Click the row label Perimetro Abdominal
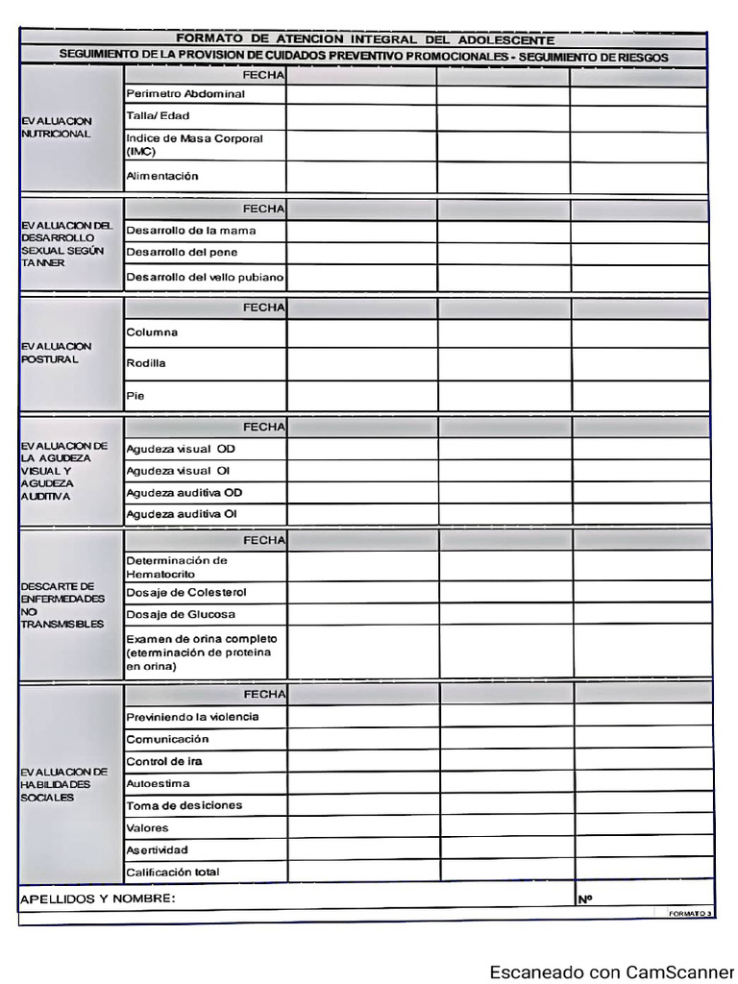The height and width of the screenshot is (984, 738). tap(185, 94)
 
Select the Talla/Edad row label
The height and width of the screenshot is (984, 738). tap(158, 116)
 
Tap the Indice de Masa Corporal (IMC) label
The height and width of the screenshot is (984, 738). tap(194, 145)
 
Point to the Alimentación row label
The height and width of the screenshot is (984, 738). tap(162, 176)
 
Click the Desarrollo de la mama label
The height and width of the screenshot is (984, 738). tap(191, 231)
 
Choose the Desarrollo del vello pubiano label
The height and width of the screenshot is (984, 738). tap(205, 278)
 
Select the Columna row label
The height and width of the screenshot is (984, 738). tap(152, 332)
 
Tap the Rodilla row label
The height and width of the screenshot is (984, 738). tap(146, 363)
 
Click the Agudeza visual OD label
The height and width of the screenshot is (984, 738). tap(181, 449)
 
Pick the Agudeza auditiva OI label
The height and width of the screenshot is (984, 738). tap(182, 514)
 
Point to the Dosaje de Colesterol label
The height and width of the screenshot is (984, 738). tap(186, 592)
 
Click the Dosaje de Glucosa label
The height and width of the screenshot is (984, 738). tap(181, 614)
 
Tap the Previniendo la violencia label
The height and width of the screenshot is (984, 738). tap(192, 717)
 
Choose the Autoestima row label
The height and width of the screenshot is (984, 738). tap(158, 783)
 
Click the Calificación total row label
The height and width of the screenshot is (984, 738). tap(173, 872)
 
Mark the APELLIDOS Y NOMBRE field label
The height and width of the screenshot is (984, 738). tap(97, 898)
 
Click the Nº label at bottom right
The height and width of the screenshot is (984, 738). tap(584, 898)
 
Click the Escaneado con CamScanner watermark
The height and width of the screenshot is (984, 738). tap(611, 972)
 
